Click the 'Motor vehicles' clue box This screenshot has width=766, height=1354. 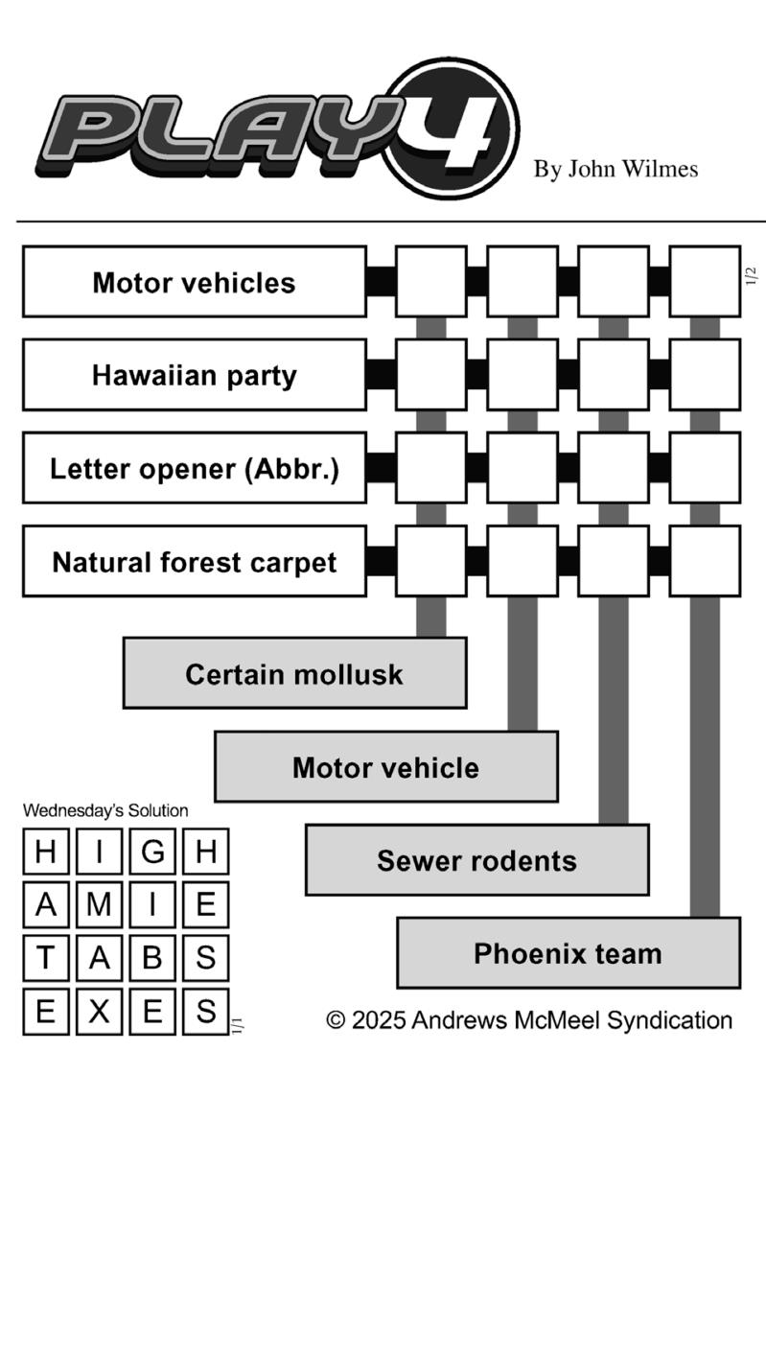(195, 282)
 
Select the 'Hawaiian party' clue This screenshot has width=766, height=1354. (195, 375)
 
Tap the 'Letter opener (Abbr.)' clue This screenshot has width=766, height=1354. (195, 468)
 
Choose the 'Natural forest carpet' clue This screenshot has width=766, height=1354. (195, 562)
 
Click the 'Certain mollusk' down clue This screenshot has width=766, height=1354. (295, 673)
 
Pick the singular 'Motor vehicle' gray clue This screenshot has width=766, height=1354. (386, 766)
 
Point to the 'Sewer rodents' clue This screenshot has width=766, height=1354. (477, 859)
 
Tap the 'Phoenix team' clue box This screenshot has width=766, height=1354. (569, 953)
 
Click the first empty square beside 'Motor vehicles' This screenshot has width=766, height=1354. (431, 282)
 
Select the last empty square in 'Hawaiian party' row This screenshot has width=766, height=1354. (705, 375)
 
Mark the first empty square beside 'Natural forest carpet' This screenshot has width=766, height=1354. (431, 562)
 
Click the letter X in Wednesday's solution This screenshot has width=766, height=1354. (99, 1012)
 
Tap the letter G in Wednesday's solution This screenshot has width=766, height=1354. (152, 852)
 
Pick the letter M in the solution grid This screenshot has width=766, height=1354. (99, 905)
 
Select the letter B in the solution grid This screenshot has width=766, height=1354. (152, 958)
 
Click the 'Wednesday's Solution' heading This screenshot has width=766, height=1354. (105, 810)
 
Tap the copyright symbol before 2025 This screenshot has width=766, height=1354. (336, 1020)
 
